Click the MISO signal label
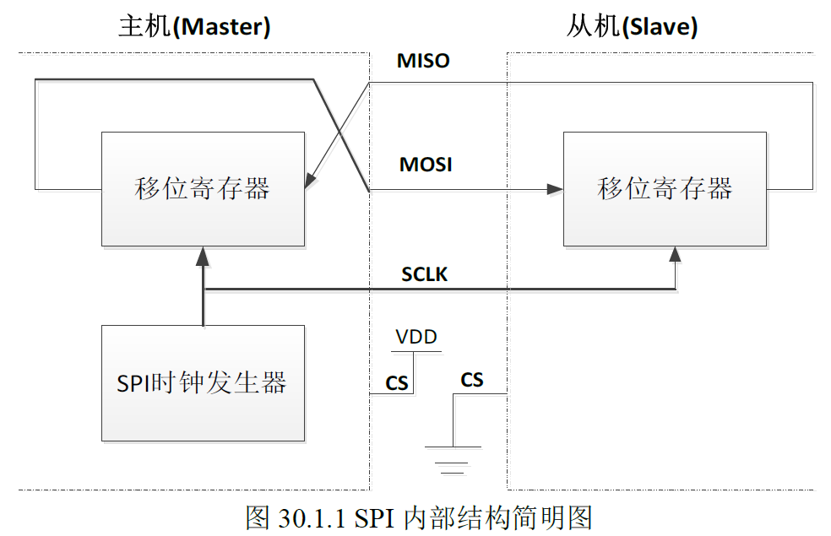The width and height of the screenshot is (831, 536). click(x=423, y=62)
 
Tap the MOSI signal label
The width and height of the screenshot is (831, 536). click(x=426, y=165)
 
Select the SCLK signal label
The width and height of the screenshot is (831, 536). click(x=424, y=274)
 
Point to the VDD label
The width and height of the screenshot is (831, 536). click(x=416, y=338)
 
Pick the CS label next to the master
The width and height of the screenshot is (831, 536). click(x=397, y=384)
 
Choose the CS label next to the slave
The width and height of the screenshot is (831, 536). click(x=472, y=380)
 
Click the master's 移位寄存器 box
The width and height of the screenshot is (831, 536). click(x=203, y=189)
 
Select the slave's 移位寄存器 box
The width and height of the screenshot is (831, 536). click(x=665, y=189)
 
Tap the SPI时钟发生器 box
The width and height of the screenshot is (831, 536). click(x=203, y=383)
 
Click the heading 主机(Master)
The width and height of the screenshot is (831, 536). click(x=194, y=27)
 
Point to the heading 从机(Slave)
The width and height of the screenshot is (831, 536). click(x=632, y=27)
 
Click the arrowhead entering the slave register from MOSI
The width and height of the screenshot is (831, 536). click(x=556, y=190)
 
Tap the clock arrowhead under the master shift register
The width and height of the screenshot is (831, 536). click(x=203, y=253)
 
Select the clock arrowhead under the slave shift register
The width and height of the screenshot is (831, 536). click(x=675, y=253)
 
